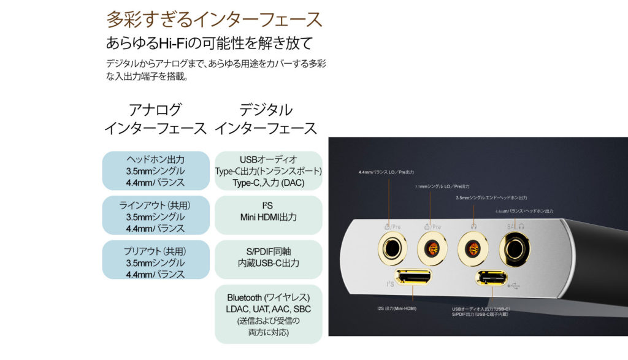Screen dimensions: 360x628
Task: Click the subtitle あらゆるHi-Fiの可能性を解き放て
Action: pyautogui.click(x=209, y=44)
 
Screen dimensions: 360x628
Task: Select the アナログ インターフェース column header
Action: pyautogui.click(x=155, y=119)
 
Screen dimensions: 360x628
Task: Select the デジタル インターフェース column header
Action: pyautogui.click(x=266, y=119)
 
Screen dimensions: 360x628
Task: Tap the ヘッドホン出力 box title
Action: pyautogui.click(x=155, y=160)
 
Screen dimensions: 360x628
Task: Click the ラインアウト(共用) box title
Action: pyautogui.click(x=155, y=205)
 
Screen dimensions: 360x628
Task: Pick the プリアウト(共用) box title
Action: pyautogui.click(x=155, y=251)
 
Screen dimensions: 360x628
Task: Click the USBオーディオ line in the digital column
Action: pyautogui.click(x=268, y=160)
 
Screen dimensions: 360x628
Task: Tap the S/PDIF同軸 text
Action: pyautogui.click(x=268, y=251)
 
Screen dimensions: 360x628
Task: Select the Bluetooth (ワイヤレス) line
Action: pyautogui.click(x=268, y=297)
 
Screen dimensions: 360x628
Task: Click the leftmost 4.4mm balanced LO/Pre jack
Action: pyautogui.click(x=391, y=250)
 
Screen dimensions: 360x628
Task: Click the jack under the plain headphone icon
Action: pyautogui.click(x=472, y=250)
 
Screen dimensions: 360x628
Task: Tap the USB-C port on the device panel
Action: pyautogui.click(x=491, y=278)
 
